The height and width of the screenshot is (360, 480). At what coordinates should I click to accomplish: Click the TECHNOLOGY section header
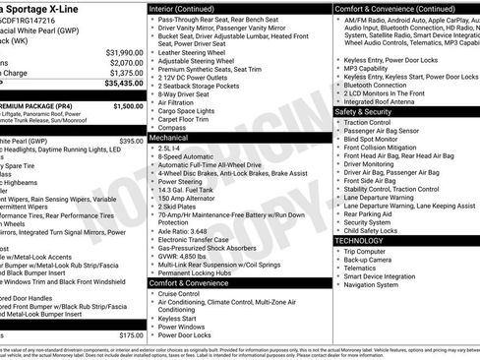360,240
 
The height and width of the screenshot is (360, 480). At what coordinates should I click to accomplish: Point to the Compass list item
172,127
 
